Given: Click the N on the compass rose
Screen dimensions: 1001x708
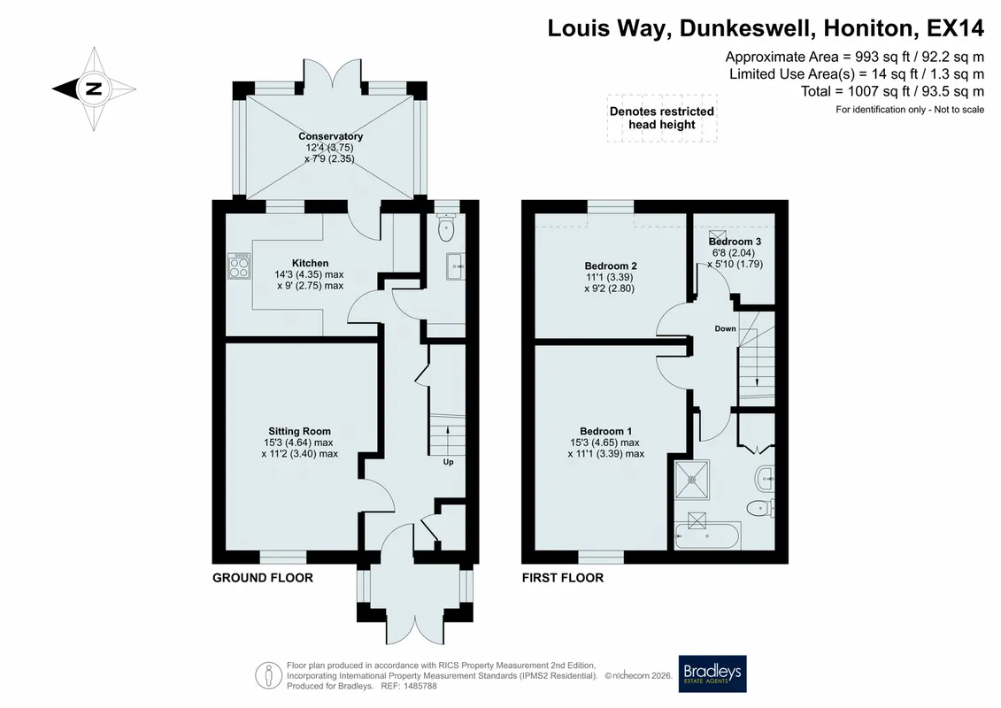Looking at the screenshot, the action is [94, 88].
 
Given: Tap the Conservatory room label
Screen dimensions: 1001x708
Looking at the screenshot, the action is [331, 136].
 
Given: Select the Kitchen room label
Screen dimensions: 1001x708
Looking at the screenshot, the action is [311, 263].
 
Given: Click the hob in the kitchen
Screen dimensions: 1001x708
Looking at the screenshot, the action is [239, 265].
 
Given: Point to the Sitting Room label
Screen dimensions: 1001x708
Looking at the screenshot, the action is [299, 431].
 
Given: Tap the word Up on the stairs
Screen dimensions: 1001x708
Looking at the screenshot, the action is [448, 462].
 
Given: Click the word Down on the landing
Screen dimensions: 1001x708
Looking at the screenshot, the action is [725, 329].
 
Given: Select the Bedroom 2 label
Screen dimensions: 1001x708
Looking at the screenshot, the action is [611, 265].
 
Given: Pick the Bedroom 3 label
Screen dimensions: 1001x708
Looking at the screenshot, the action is [735, 242].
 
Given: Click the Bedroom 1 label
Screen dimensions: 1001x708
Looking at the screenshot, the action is [606, 431].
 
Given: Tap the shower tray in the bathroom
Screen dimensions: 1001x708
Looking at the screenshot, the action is [692, 479].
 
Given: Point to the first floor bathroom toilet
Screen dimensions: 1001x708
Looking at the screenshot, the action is [760, 508].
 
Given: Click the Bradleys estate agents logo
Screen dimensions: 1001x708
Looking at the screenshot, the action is [712, 673].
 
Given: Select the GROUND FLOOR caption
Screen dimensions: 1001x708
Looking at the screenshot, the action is [263, 578].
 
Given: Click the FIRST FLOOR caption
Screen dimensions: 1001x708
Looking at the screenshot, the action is [562, 578].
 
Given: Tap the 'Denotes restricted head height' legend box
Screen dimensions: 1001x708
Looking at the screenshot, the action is [662, 118].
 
